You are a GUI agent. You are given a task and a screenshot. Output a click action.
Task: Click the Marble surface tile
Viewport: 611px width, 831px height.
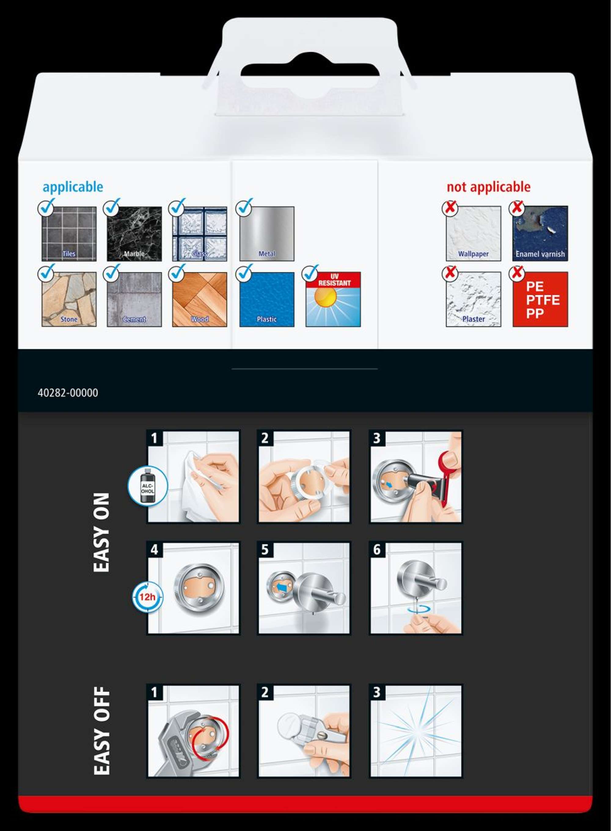(x=134, y=234)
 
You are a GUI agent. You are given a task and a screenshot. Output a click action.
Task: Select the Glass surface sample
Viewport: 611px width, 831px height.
(x=200, y=234)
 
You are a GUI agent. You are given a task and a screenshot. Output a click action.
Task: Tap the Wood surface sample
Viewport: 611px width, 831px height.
(x=200, y=299)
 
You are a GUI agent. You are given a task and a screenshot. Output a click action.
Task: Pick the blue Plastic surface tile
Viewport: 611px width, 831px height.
(x=267, y=299)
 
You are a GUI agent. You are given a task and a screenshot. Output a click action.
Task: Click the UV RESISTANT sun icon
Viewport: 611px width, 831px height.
(x=333, y=299)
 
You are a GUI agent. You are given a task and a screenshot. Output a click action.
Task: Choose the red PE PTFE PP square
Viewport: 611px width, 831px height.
(x=540, y=299)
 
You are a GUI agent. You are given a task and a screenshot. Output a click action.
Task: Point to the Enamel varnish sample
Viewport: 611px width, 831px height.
(x=540, y=234)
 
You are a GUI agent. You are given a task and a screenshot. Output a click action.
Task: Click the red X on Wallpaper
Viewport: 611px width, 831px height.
(x=450, y=207)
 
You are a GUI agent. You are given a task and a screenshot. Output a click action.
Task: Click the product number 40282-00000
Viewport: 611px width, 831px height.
(x=68, y=392)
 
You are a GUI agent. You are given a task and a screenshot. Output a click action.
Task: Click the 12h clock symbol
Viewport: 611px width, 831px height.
(x=148, y=597)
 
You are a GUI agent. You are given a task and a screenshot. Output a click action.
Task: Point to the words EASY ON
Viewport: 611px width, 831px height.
(x=102, y=532)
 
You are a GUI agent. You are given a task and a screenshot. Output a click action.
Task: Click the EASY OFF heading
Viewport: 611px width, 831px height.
(x=102, y=731)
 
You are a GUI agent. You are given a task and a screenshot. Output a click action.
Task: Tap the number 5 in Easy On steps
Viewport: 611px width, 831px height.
(x=265, y=550)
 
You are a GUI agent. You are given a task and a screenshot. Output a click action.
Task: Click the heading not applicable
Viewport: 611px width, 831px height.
(x=488, y=187)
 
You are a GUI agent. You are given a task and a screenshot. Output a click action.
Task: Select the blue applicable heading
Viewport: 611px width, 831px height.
(x=73, y=187)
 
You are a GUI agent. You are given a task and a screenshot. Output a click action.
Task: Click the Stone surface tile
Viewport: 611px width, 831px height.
(x=69, y=299)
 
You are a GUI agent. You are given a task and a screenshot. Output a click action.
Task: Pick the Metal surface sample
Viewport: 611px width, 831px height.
(x=267, y=234)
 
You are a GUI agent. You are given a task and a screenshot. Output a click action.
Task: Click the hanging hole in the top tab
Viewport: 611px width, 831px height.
(x=309, y=69)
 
